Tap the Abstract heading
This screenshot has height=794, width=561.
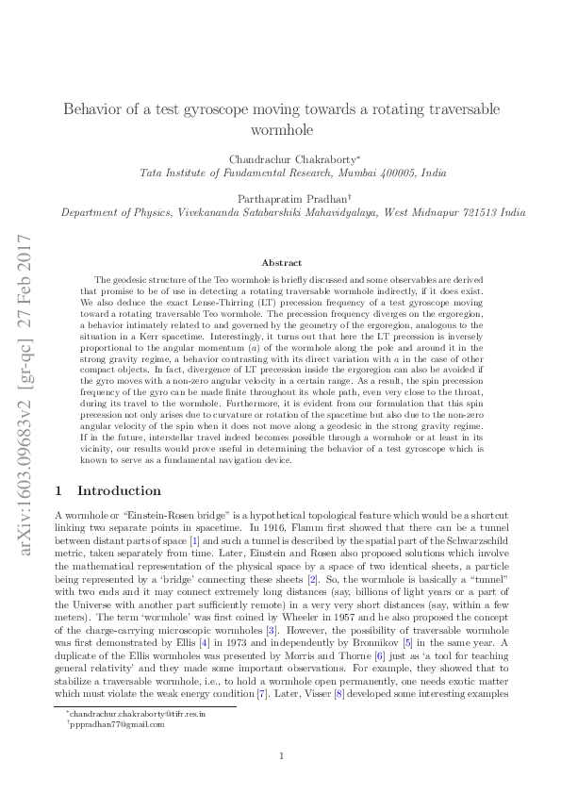pyautogui.click(x=281, y=262)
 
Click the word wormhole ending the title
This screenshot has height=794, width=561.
pyautogui.click(x=281, y=129)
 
